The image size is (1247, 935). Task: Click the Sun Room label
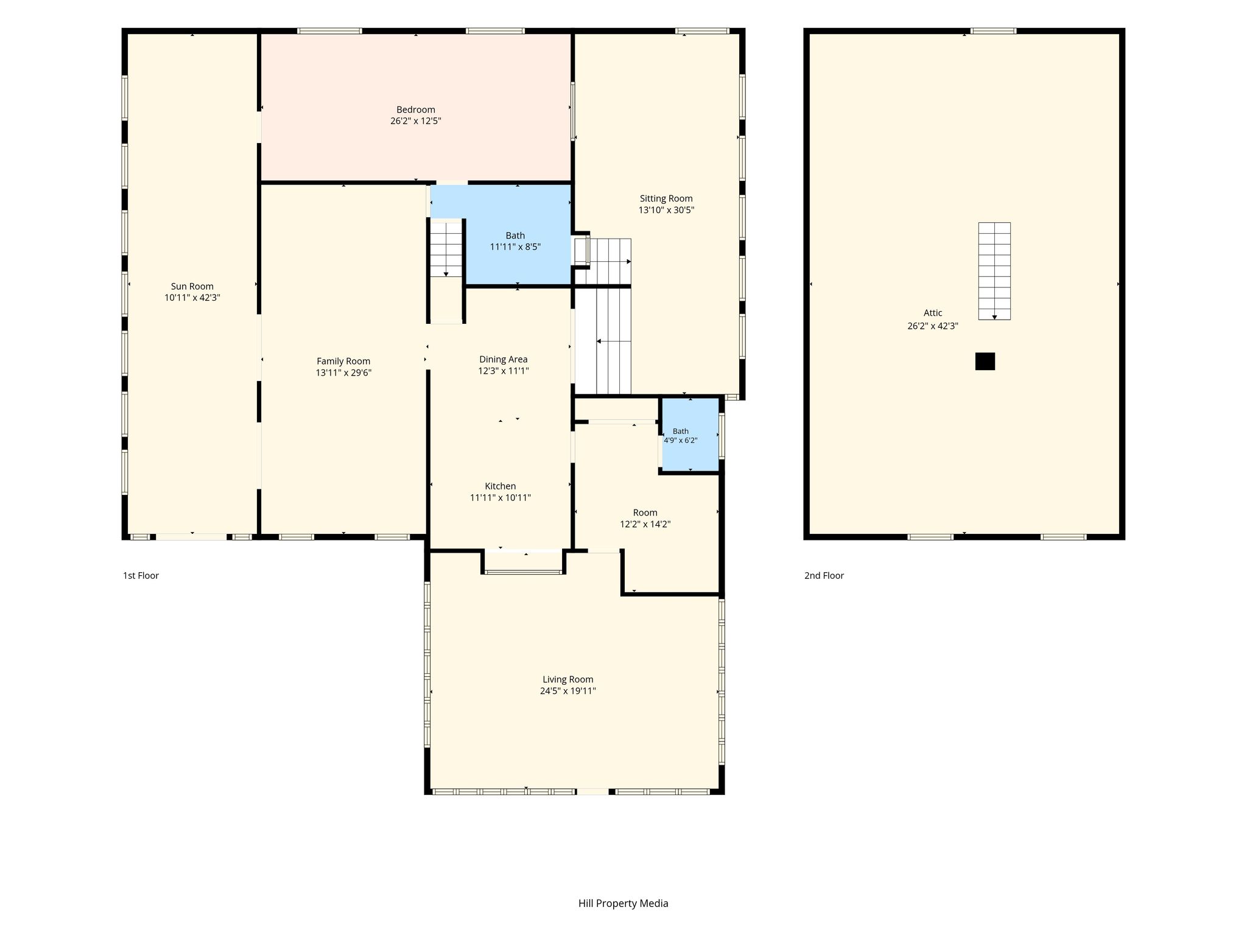[192, 286]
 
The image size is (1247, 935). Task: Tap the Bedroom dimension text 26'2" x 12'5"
[416, 121]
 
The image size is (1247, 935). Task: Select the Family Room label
[343, 362]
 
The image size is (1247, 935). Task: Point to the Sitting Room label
[666, 198]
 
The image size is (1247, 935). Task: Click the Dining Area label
[504, 359]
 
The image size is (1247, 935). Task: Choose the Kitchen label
[501, 486]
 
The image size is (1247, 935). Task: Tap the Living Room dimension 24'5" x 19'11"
[568, 691]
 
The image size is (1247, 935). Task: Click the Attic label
[933, 313]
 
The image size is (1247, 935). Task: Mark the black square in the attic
[985, 362]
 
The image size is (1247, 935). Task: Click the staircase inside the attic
[994, 271]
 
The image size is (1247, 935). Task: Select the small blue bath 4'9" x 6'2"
[690, 435]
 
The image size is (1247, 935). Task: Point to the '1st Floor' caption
[141, 575]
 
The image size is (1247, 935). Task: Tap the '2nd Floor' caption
[824, 575]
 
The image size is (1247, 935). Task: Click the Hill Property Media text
[623, 903]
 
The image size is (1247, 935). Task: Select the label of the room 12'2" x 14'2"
[645, 513]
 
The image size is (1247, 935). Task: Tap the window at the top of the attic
[994, 30]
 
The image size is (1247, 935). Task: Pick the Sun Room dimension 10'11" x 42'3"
[192, 298]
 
